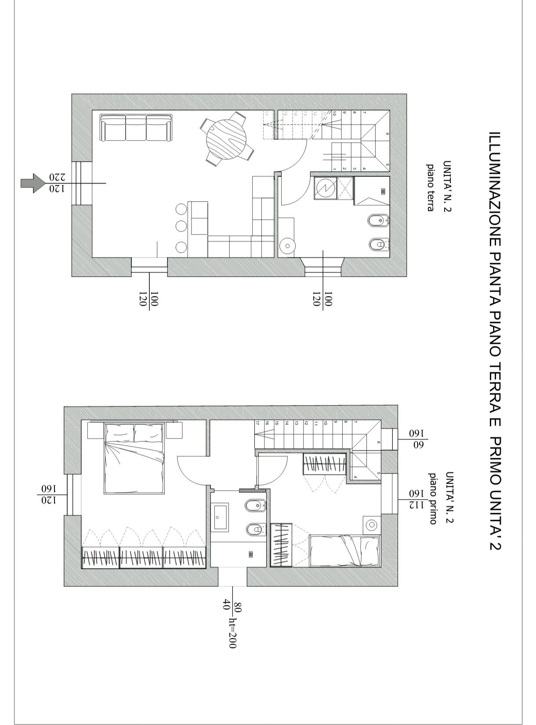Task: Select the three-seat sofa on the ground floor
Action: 135,128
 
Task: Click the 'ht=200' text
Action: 232,632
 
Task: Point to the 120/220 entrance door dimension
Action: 57,183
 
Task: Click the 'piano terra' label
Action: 431,187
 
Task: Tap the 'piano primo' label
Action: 433,498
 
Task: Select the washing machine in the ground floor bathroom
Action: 326,188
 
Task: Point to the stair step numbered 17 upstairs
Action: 257,424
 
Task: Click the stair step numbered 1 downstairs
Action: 335,169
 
